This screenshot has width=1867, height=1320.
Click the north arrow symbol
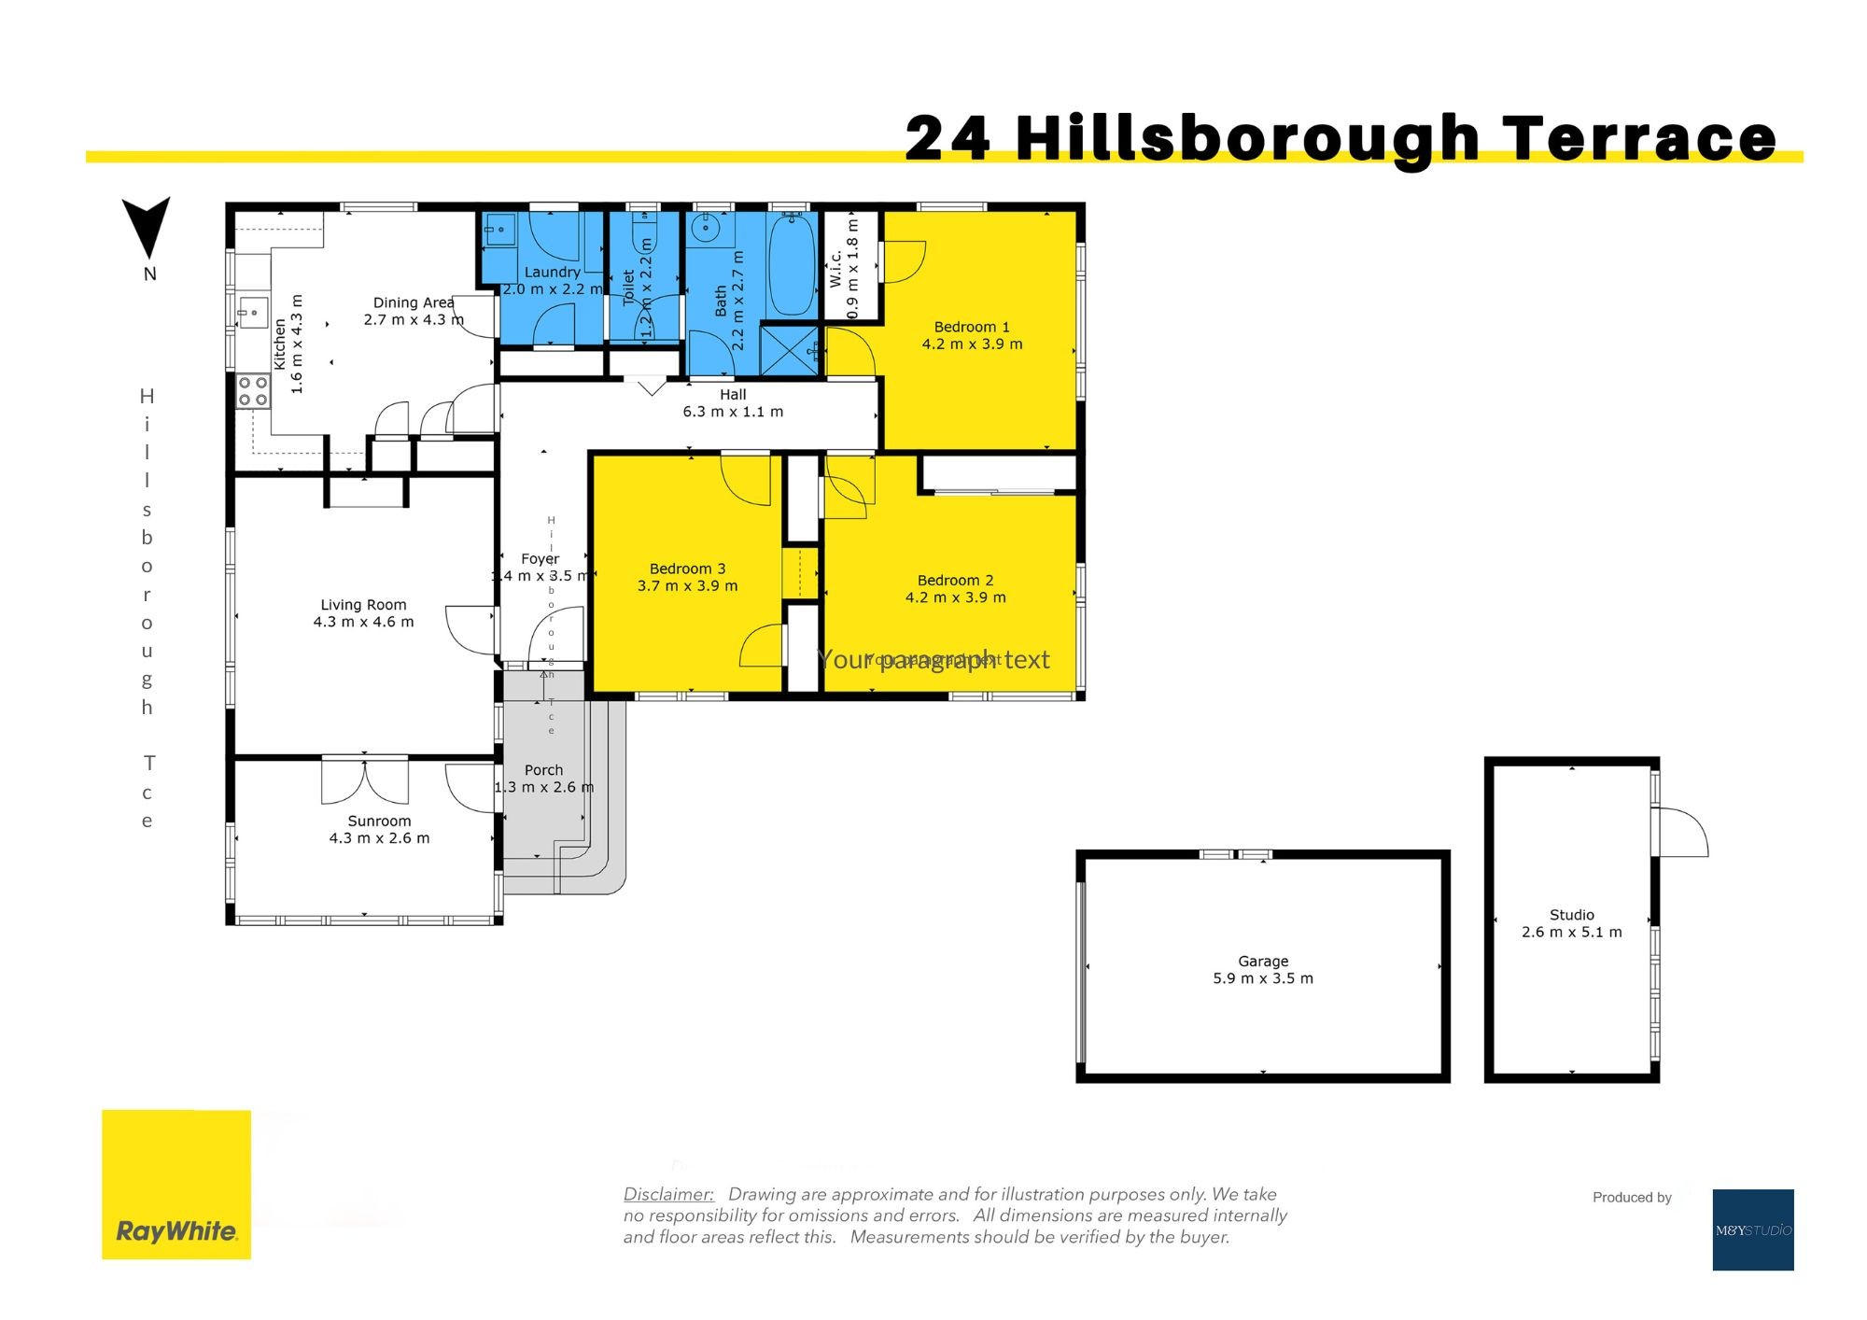(147, 227)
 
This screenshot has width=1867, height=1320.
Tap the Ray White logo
(176, 1184)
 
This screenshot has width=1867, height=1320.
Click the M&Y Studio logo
(1752, 1229)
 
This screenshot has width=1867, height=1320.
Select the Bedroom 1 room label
(972, 327)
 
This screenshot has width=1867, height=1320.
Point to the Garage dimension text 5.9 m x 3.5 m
(1262, 978)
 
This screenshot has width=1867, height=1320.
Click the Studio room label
(1571, 915)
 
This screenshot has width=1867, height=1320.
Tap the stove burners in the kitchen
(252, 391)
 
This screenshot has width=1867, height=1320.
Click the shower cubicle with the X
(789, 349)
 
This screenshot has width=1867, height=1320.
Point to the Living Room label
(363, 605)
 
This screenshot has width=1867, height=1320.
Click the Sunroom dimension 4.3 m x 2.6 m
(379, 838)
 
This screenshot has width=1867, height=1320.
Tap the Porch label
(543, 770)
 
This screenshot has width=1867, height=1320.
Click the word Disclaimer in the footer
(668, 1194)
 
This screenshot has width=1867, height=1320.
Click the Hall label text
(733, 395)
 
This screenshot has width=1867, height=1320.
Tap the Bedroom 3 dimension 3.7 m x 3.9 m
(687, 586)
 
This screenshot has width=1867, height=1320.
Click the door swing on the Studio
(1682, 831)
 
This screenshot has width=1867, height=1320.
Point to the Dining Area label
(413, 302)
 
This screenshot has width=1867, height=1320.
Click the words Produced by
(1632, 1198)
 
